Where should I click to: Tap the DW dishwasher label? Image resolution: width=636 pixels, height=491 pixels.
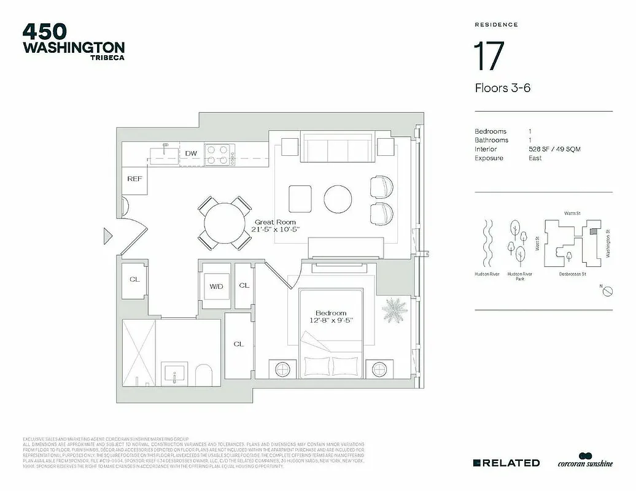click(x=191, y=153)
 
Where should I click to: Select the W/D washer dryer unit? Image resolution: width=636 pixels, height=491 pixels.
click(x=216, y=285)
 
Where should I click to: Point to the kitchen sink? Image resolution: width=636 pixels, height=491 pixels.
click(x=163, y=153)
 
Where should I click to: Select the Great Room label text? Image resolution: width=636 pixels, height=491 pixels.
click(x=275, y=222)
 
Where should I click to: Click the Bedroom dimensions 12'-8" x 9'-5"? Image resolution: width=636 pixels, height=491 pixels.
click(x=332, y=320)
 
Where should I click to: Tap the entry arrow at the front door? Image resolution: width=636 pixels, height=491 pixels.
click(x=107, y=235)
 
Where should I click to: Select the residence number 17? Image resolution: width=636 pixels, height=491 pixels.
click(x=489, y=57)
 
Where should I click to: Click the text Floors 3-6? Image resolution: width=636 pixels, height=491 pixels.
click(x=502, y=88)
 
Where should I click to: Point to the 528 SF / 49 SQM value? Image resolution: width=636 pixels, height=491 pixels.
click(x=554, y=149)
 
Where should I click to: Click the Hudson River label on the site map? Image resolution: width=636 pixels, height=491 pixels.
click(x=487, y=274)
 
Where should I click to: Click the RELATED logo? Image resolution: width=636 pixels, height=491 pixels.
click(x=506, y=463)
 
